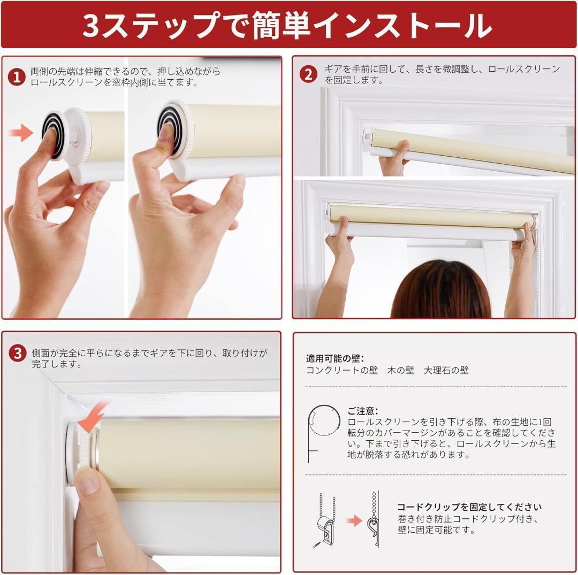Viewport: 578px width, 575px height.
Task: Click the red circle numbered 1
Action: point(17,78)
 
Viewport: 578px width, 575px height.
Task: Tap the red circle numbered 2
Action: point(309,74)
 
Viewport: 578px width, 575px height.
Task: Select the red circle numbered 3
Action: point(18,353)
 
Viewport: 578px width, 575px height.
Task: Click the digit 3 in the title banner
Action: point(90,26)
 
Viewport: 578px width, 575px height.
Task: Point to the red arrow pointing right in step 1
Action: point(21,133)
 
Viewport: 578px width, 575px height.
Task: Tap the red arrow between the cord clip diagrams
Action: point(354,520)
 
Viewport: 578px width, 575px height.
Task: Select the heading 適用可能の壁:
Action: point(335,358)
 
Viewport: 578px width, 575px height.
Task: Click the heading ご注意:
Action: point(363,411)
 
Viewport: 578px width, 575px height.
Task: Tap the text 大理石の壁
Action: point(446,370)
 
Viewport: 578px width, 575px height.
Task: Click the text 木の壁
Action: point(401,370)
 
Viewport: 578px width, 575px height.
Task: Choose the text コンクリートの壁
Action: point(342,370)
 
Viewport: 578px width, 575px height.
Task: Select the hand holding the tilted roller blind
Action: point(394,158)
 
